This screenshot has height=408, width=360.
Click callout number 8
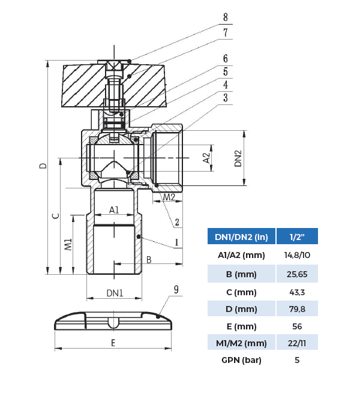pyautogui.click(x=226, y=17)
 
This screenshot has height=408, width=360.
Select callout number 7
pyautogui.click(x=226, y=33)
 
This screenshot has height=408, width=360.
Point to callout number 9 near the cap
pyautogui.click(x=176, y=289)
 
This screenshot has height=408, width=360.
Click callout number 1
pyautogui.click(x=177, y=243)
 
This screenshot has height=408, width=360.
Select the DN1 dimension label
pyautogui.click(x=115, y=293)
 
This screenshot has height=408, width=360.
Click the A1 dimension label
pyautogui.click(x=114, y=210)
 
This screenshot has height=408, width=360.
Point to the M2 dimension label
pyautogui.click(x=170, y=197)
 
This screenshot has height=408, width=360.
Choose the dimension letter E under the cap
pyautogui.click(x=113, y=343)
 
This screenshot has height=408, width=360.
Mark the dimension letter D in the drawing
pyautogui.click(x=43, y=166)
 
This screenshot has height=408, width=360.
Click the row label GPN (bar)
pyautogui.click(x=242, y=360)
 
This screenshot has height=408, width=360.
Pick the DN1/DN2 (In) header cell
pyautogui.click(x=241, y=237)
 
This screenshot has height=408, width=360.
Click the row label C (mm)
pyautogui.click(x=242, y=292)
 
